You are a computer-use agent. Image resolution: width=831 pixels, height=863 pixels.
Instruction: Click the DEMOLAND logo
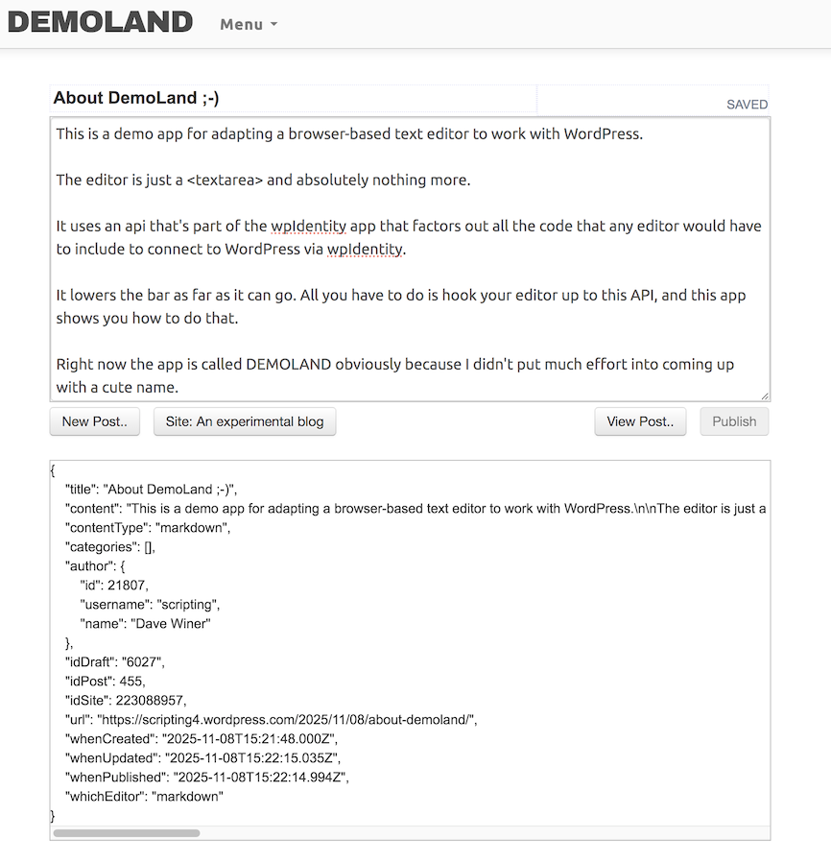pos(100,22)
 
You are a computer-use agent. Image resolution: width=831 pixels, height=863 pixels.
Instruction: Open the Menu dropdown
pos(248,24)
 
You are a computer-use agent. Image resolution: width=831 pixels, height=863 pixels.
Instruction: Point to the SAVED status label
pos(747,105)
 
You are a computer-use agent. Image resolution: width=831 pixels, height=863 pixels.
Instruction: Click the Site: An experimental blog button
pos(245,421)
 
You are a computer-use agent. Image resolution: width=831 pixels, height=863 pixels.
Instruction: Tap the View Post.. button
pos(640,421)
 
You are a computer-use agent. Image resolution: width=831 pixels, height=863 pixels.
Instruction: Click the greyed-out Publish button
pos(734,421)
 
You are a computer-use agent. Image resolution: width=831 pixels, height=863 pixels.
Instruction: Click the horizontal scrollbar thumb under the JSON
pos(126,833)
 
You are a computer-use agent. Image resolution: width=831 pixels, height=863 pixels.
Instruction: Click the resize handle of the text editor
pos(765,396)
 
